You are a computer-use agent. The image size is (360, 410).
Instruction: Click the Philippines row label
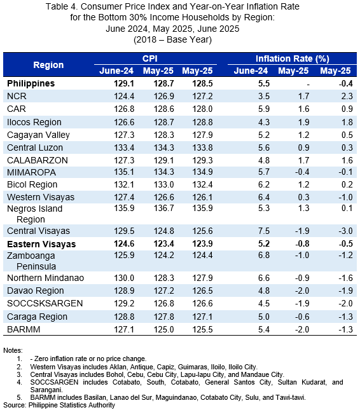pyautogui.click(x=31, y=83)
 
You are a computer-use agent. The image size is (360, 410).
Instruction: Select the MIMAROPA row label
pyautogui.click(x=31, y=172)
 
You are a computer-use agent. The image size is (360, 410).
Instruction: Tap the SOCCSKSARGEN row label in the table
pyautogui.click(x=45, y=303)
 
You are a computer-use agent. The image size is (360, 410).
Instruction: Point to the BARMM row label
pyautogui.click(x=24, y=329)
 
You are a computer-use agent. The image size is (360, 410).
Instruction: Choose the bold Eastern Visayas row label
pyautogui.click(x=41, y=244)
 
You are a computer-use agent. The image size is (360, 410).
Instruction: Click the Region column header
pyautogui.click(x=48, y=65)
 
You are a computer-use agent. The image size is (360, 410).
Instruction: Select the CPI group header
pyautogui.click(x=149, y=58)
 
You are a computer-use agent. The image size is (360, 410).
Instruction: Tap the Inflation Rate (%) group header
pyautogui.click(x=292, y=58)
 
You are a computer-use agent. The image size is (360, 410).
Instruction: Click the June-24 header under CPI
pyautogui.click(x=116, y=71)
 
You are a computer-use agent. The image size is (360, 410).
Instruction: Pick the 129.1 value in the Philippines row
pyautogui.click(x=124, y=83)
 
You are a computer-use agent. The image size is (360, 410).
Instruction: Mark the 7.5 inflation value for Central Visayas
pyautogui.click(x=264, y=231)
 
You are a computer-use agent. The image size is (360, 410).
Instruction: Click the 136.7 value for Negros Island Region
pyautogui.click(x=163, y=208)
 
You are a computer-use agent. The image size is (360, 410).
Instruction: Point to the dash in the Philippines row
pyautogui.click(x=308, y=84)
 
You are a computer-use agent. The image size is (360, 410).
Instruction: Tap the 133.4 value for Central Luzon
pyautogui.click(x=124, y=147)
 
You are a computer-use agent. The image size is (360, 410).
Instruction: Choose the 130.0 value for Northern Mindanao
pyautogui.click(x=124, y=278)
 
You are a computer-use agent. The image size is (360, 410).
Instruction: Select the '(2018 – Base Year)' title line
pyautogui.click(x=172, y=39)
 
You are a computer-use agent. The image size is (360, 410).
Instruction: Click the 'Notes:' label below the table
pyautogui.click(x=13, y=350)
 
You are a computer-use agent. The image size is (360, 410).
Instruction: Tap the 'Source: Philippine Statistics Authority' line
pyautogui.click(x=59, y=405)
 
